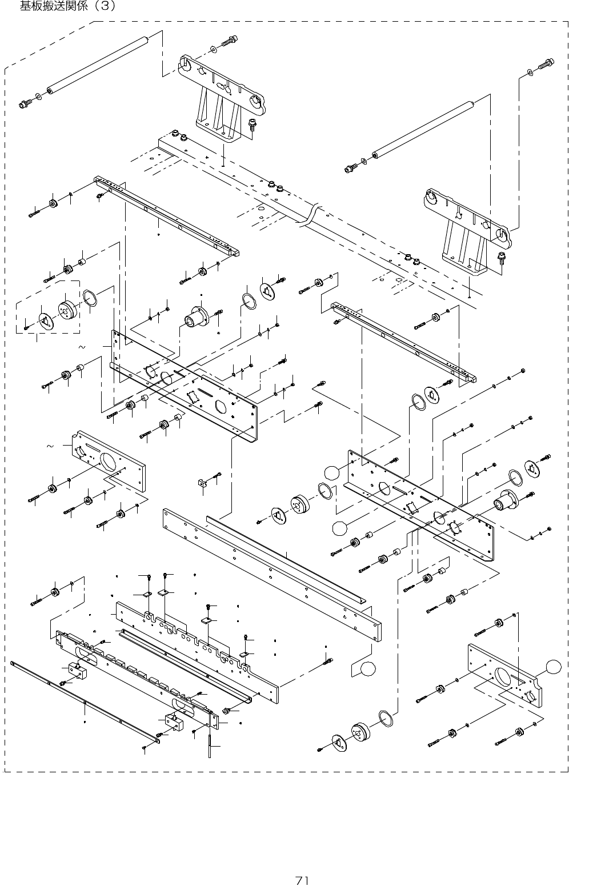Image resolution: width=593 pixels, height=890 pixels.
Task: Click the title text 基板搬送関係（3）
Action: tap(68, 6)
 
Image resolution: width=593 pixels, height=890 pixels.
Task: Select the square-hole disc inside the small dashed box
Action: tap(45, 320)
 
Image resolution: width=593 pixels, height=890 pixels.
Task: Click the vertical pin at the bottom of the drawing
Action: tap(210, 743)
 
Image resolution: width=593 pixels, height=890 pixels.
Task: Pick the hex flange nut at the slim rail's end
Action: tap(226, 711)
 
